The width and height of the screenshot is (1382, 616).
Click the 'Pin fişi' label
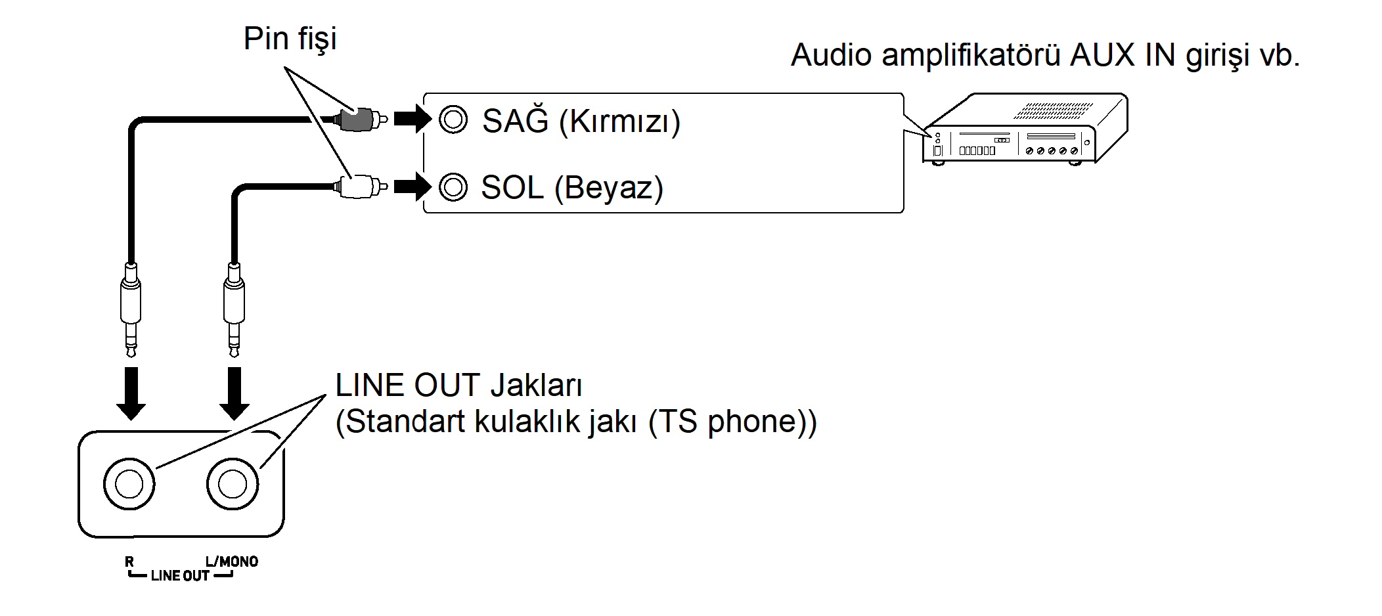tap(290, 39)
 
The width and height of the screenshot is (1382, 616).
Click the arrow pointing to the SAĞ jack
tap(412, 120)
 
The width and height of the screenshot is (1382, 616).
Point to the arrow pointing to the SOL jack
tap(412, 187)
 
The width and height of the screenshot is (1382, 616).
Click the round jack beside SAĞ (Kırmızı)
tap(453, 120)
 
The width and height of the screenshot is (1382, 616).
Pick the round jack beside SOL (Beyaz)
tap(453, 187)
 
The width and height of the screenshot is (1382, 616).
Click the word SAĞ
tap(515, 121)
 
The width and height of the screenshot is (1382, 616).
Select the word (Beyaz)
tap(608, 188)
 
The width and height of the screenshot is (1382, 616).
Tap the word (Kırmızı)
tap(619, 122)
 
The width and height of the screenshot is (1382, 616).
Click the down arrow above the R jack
tap(131, 393)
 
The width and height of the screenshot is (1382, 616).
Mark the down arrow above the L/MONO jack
tap(234, 393)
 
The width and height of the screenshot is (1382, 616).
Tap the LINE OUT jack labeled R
tap(129, 484)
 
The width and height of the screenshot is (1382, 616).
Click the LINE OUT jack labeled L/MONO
tap(233, 484)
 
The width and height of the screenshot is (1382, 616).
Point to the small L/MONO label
tap(231, 561)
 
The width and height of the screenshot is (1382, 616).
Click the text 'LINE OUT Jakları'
tap(458, 385)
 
